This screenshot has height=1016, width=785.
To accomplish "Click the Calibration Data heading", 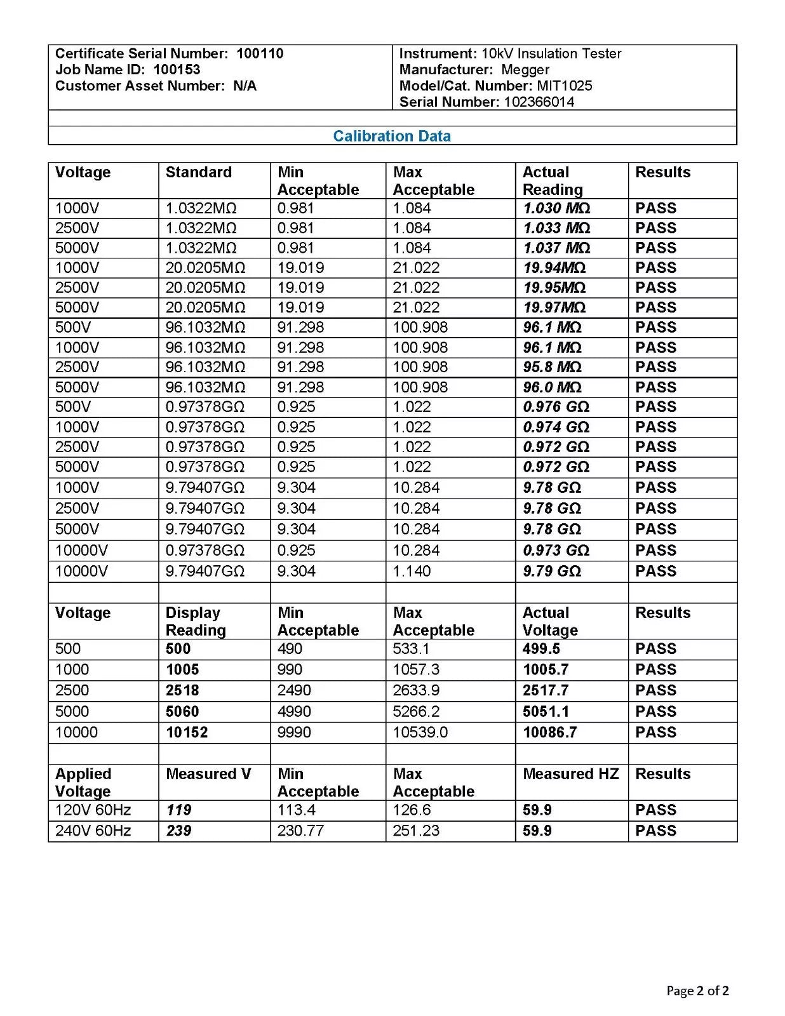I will [x=391, y=136].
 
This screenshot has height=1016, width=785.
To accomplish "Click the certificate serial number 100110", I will [x=260, y=53].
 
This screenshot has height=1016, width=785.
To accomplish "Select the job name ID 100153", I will [x=177, y=70].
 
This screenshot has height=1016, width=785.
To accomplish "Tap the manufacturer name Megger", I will [x=525, y=70].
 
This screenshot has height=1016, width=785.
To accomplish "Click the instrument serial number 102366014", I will [x=539, y=102].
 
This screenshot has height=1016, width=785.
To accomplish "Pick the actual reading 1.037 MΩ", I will [x=556, y=248].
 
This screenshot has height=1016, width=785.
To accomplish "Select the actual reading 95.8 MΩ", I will [x=552, y=367].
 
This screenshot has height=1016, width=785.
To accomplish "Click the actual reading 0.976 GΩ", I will [x=556, y=407].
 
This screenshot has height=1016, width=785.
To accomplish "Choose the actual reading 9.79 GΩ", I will [x=551, y=571].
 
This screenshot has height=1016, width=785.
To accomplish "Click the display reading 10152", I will [x=187, y=733].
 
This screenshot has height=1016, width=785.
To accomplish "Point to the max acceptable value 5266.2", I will [x=416, y=712].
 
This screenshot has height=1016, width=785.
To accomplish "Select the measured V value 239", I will [x=178, y=831].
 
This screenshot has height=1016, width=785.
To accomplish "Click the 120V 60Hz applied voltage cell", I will [x=93, y=810].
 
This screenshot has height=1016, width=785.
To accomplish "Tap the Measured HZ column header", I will [x=570, y=774].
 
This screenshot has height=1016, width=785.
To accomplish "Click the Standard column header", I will [x=198, y=172].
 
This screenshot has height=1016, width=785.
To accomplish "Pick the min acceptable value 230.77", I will [x=300, y=831].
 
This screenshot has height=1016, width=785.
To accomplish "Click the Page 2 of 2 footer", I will [x=697, y=991].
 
